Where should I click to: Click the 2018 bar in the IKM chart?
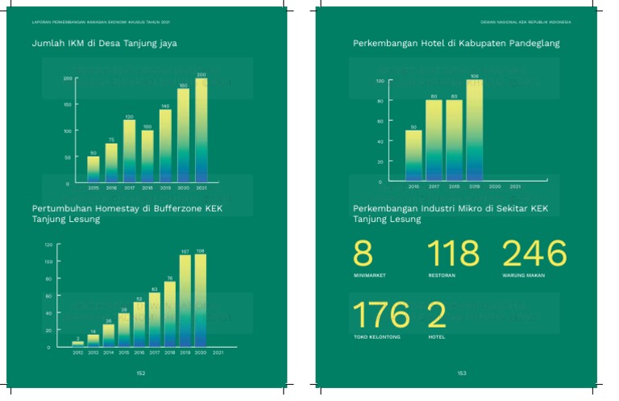click(147, 155)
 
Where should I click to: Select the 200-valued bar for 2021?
click(201, 129)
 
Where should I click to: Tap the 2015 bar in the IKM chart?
click(93, 169)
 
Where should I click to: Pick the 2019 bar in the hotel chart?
click(475, 129)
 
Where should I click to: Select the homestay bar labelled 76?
click(170, 314)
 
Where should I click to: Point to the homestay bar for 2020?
click(201, 300)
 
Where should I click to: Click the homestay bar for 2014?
click(108, 336)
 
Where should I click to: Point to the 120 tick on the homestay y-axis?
click(48, 244)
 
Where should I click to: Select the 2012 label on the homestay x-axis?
click(77, 353)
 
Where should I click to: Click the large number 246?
click(535, 254)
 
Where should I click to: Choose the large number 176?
click(382, 315)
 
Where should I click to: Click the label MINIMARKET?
click(369, 275)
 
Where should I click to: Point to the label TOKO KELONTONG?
click(376, 336)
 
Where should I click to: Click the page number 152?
click(141, 374)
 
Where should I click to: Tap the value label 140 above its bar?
click(165, 106)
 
